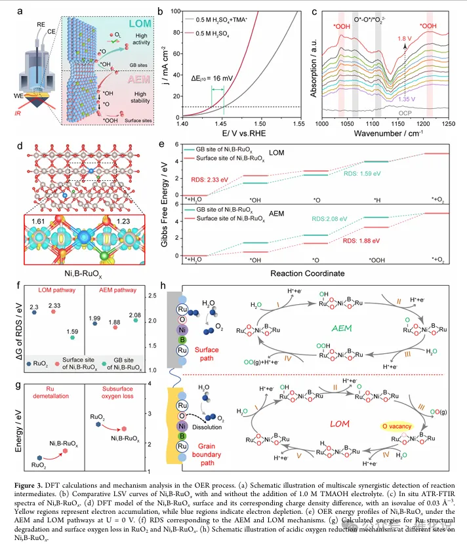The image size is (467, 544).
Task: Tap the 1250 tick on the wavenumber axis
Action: [x=448, y=123]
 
